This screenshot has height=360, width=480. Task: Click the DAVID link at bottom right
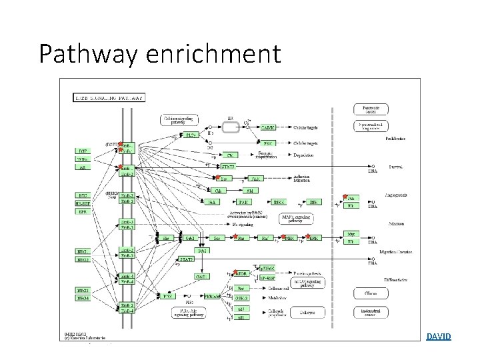click(x=439, y=337)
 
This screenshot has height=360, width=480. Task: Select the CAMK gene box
click(x=267, y=127)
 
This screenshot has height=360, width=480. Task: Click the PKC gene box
click(x=267, y=143)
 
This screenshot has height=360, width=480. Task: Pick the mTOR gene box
click(x=241, y=274)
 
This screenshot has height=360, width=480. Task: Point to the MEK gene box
click(x=289, y=238)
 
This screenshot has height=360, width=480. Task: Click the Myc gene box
click(x=351, y=235)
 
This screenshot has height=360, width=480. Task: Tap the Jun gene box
click(x=351, y=198)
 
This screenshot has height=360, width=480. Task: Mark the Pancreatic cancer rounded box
click(x=370, y=109)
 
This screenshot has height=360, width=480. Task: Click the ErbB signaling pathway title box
click(x=110, y=97)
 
